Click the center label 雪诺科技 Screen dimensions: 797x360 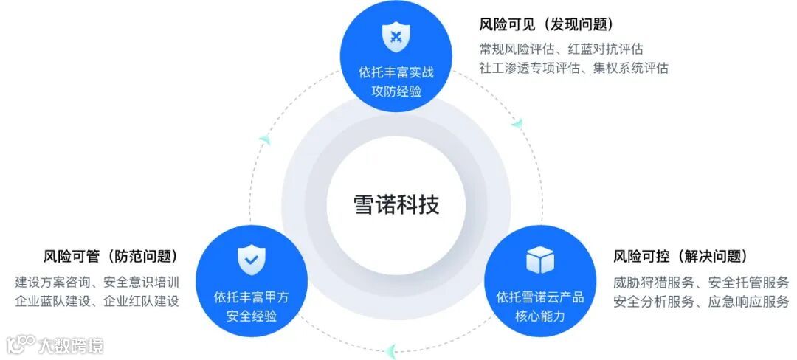(396, 204)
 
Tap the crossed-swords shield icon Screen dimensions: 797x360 (396, 36)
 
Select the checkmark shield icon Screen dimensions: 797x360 (251, 260)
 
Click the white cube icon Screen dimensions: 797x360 (539, 260)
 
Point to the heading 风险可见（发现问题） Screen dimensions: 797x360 (547, 24)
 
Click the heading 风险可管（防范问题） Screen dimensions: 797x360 (111, 257)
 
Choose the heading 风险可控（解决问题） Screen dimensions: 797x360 (680, 257)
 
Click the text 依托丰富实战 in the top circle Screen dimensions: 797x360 (396, 73)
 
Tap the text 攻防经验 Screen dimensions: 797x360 (396, 92)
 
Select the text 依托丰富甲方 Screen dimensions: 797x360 (251, 297)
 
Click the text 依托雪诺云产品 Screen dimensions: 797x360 (539, 297)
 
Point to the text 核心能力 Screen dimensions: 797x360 (539, 316)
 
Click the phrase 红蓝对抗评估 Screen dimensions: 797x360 (605, 49)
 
